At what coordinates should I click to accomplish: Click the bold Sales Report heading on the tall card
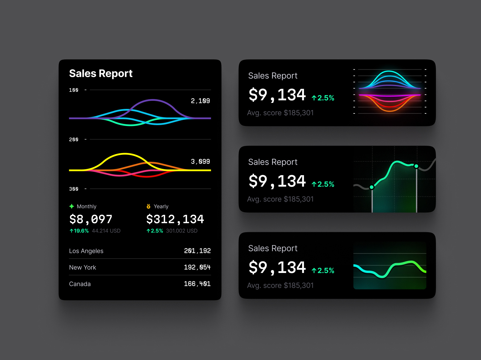[x=101, y=73]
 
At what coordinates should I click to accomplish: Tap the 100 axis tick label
[x=74, y=90]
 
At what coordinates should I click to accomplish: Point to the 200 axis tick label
[x=74, y=139]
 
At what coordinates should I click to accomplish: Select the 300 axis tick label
[x=74, y=189]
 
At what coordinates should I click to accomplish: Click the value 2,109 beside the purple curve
[x=200, y=101]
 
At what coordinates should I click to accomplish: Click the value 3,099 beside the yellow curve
[x=200, y=162]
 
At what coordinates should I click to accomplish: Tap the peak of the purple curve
[x=153, y=100]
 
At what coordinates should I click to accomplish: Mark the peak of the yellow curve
[x=125, y=154]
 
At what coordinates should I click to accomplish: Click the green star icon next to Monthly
[x=72, y=206]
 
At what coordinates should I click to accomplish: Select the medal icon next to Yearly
[x=148, y=206]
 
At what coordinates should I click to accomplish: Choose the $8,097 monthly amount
[x=91, y=219]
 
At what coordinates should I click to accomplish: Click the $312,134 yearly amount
[x=175, y=219]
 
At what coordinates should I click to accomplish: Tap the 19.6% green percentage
[x=79, y=231]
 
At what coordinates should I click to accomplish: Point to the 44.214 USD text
[x=106, y=231]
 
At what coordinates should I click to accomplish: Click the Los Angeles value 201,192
[x=197, y=251]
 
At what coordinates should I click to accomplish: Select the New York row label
[x=83, y=267]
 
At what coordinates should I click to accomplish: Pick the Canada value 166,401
[x=197, y=284]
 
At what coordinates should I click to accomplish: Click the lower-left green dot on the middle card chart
[x=372, y=187]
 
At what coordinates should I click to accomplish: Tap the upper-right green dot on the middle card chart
[x=416, y=166]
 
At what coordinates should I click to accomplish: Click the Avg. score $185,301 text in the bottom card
[x=280, y=285]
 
